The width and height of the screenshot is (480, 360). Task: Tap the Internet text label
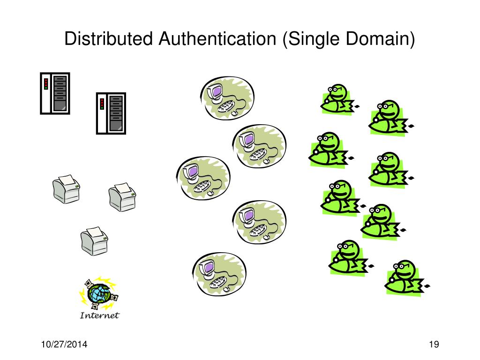(x=99, y=315)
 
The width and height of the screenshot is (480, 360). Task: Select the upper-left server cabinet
(x=55, y=93)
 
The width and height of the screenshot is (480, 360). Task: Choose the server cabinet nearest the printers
(x=111, y=112)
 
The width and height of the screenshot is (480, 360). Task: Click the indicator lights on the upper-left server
(x=46, y=84)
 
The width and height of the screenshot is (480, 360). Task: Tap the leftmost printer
(x=66, y=189)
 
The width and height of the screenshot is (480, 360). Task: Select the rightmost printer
(x=122, y=196)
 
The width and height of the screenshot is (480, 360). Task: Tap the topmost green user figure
(x=337, y=100)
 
